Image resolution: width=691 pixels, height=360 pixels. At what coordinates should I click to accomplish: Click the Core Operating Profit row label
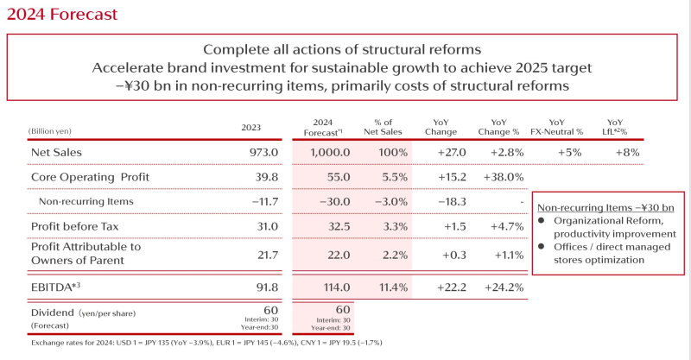tap(90, 177)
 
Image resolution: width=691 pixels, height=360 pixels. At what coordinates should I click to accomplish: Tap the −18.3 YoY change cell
tap(448, 201)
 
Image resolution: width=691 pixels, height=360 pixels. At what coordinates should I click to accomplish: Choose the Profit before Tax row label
tap(73, 226)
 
